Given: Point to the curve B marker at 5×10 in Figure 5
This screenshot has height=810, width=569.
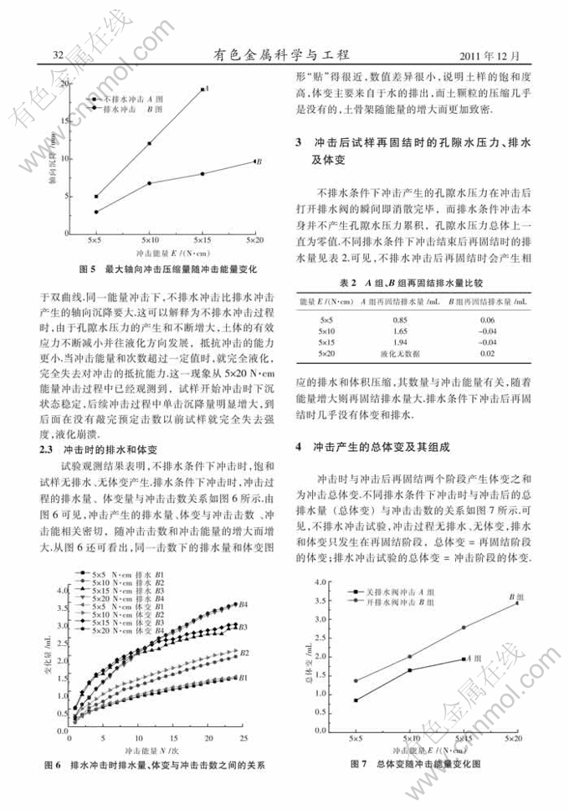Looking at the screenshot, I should click(150, 183).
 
